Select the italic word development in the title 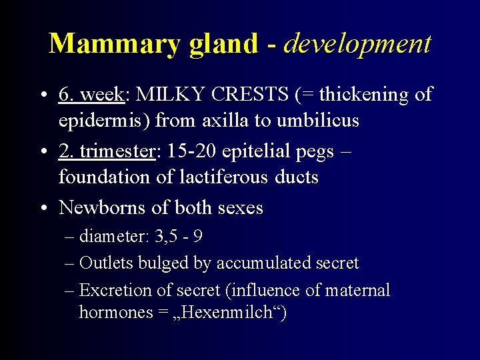tap(358, 44)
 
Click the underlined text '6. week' tap(91, 95)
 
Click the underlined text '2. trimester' tap(107, 151)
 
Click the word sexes tap(238, 208)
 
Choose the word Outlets tap(106, 263)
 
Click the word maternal tap(357, 290)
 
